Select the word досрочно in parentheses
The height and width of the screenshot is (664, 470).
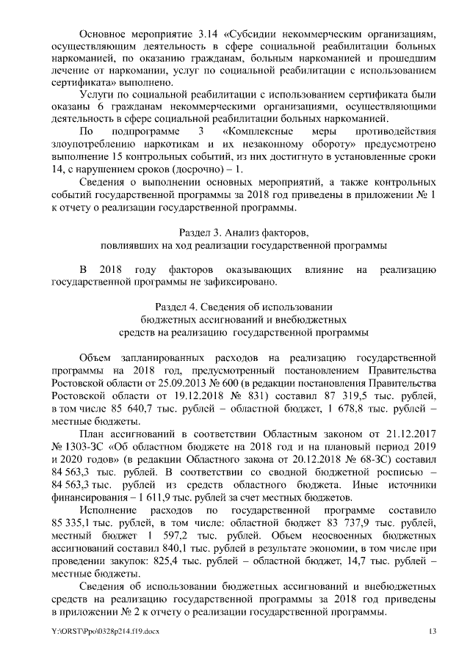192,169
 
